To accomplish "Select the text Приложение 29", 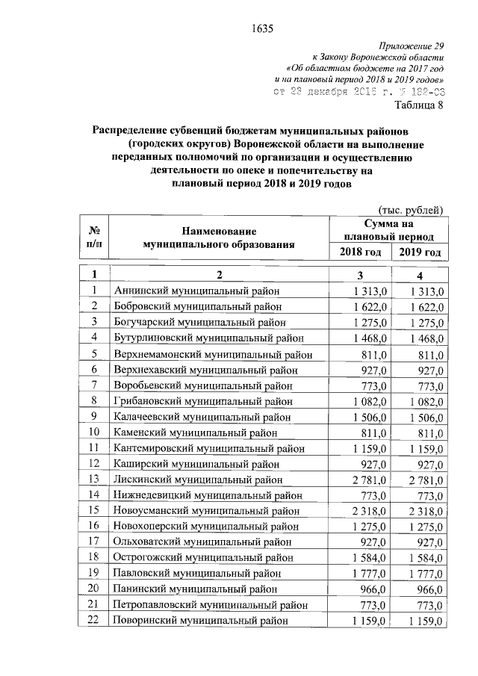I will click(x=412, y=46).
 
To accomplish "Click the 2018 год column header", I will click(x=360, y=252).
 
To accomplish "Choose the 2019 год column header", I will click(x=420, y=252).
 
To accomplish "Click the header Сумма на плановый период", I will click(x=388, y=229).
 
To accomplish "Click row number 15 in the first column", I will click(x=95, y=511).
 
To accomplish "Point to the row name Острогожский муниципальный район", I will click(x=202, y=558).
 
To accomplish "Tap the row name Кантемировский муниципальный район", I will click(x=208, y=448).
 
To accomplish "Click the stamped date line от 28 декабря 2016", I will click(x=359, y=91).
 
